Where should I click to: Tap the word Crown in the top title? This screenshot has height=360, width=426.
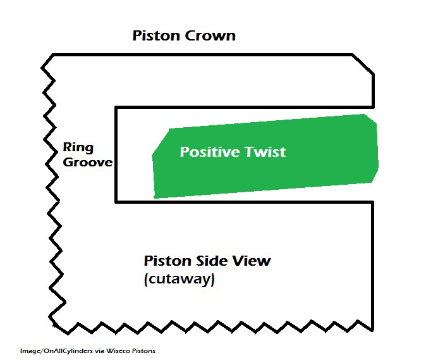click(210, 35)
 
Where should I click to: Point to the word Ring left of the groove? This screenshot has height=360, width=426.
click(78, 148)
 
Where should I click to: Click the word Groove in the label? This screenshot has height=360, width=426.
click(87, 163)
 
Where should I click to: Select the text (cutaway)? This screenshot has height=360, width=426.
click(179, 279)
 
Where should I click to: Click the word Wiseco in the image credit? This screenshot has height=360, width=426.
click(113, 350)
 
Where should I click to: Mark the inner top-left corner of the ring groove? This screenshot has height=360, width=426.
click(116, 108)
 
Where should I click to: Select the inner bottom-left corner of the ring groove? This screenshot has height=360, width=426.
click(116, 202)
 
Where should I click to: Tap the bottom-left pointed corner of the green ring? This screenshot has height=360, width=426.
click(155, 197)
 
